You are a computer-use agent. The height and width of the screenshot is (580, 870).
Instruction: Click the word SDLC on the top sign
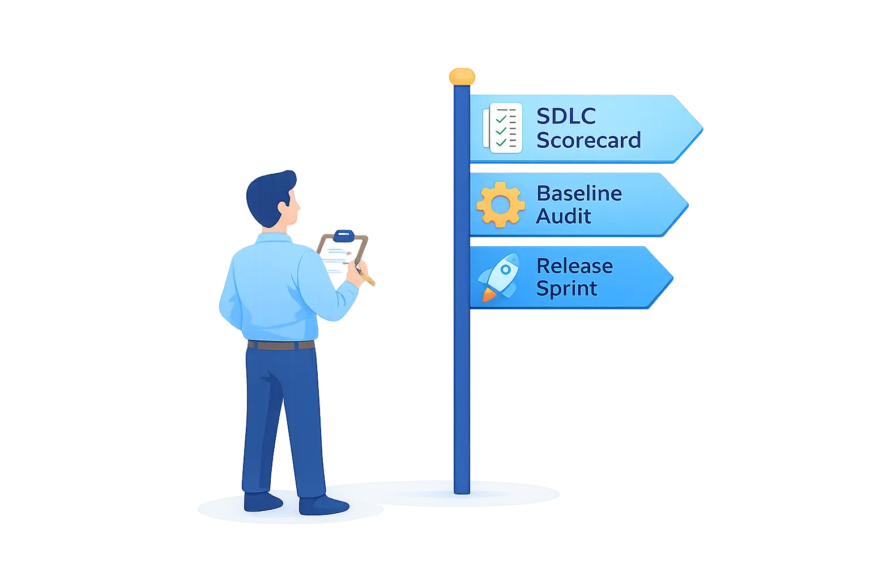pos(566,116)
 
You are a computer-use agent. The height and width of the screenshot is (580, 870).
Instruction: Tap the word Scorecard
pos(588,140)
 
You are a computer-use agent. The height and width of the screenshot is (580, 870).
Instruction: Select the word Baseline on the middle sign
pos(579,193)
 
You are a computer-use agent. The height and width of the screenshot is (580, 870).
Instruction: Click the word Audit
pos(564,216)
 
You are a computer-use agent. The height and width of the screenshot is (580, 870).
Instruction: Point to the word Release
pos(575,266)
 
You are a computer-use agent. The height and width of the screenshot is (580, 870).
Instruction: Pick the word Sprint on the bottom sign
pos(566,289)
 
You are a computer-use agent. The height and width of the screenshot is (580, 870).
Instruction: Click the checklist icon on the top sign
pos(502,128)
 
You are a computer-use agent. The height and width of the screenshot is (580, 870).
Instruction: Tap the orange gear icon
pos(501,204)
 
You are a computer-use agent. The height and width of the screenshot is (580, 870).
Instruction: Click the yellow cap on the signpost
pos(462,76)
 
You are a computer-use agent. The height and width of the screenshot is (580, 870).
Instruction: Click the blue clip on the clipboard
pos(344,236)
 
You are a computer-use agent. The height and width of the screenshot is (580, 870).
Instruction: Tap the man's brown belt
pos(281,345)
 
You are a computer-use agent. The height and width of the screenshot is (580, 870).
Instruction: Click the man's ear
pos(285,208)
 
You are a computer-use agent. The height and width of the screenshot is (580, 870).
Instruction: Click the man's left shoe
pos(262,501)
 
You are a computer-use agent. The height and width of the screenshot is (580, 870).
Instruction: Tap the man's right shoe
pos(323,505)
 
